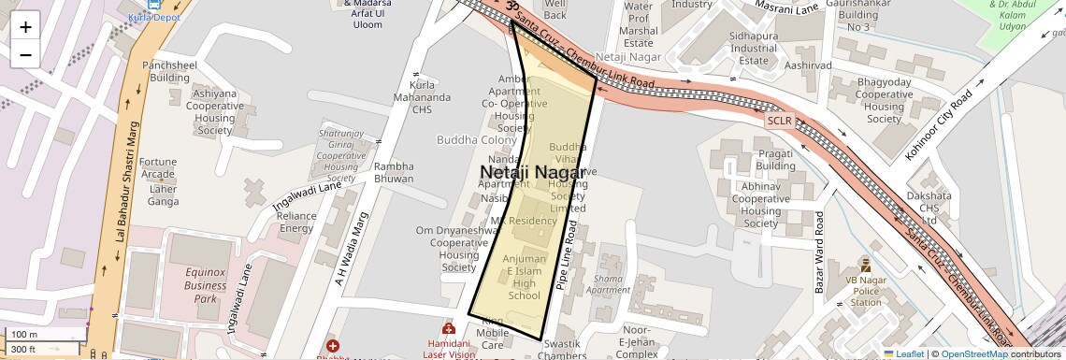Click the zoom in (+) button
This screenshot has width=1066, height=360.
(x=25, y=26)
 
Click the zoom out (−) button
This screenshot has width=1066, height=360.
(x=25, y=54)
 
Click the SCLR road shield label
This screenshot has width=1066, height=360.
(x=779, y=121)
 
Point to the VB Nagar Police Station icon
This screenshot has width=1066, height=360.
(x=865, y=265)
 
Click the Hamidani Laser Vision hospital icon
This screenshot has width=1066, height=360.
(x=448, y=329)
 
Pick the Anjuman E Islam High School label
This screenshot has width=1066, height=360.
(x=524, y=277)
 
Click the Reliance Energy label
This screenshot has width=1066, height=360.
(x=296, y=222)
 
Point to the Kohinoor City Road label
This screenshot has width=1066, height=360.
(x=940, y=124)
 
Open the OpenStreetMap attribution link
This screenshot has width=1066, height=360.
(x=973, y=354)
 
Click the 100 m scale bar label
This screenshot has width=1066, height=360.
(x=24, y=334)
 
